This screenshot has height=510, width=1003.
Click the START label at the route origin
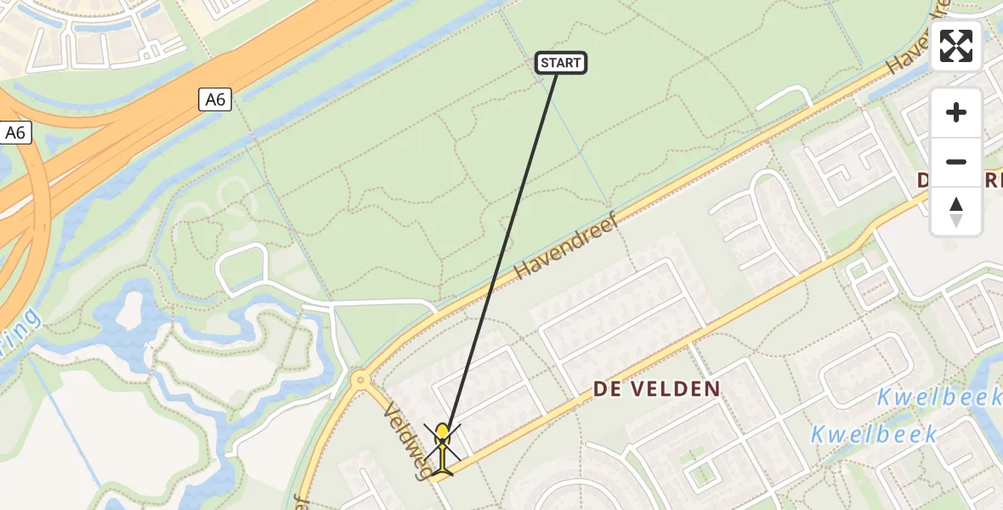pyautogui.click(x=561, y=63)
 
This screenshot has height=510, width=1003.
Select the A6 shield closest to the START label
pyautogui.click(x=215, y=99)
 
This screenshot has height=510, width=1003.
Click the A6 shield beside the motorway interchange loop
pyautogui.click(x=16, y=133)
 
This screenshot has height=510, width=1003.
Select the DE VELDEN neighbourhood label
pyautogui.click(x=656, y=389)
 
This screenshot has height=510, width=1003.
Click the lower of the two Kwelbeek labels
pyautogui.click(x=873, y=434)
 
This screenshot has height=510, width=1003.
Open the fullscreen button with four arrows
pyautogui.click(x=956, y=46)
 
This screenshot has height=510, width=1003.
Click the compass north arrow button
pyautogui.click(x=956, y=212)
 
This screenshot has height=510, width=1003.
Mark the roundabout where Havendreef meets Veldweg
pyautogui.click(x=360, y=380)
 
